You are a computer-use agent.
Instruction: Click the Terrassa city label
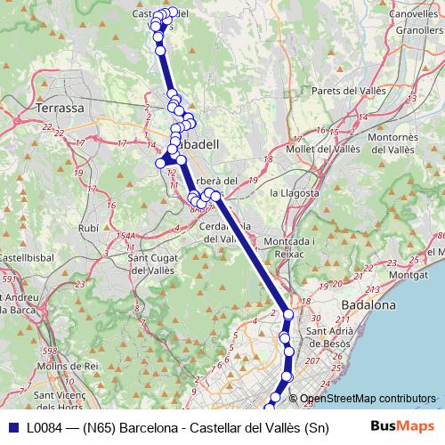61,108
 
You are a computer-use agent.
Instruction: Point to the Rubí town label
89,228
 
